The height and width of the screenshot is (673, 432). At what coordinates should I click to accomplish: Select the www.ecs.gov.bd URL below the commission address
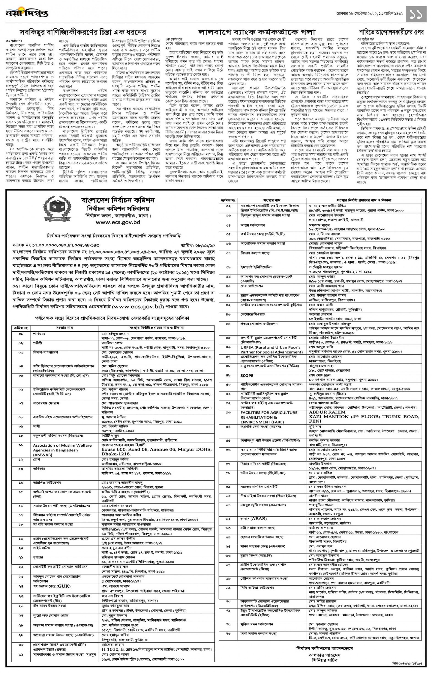click(x=118, y=222)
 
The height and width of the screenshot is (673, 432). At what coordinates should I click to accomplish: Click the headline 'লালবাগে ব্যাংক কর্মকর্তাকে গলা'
click(x=256, y=32)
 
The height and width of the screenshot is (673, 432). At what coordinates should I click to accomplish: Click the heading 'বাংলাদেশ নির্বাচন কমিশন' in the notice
click(x=118, y=200)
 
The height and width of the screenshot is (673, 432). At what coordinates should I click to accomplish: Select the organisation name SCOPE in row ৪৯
click(x=247, y=376)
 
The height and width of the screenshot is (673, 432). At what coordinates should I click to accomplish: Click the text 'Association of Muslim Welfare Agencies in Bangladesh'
click(x=62, y=450)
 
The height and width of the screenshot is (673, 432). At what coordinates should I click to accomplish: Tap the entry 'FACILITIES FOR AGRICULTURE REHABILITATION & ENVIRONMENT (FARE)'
click(x=269, y=417)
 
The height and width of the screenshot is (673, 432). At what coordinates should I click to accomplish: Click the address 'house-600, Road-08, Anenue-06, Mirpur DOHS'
click(x=156, y=449)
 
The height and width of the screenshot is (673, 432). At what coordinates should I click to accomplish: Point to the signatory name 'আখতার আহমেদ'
click(x=325, y=655)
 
